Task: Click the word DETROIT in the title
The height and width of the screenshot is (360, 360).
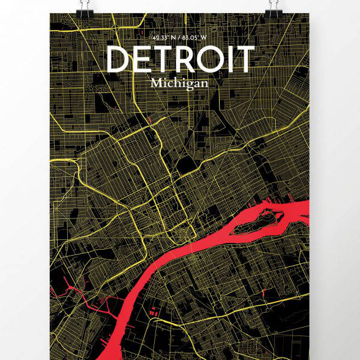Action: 180,59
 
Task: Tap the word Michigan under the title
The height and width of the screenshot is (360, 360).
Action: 180,83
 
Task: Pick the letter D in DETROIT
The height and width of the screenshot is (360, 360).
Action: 118,59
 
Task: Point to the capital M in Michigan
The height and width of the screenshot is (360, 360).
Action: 157,82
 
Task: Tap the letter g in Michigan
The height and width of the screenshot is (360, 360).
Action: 190,84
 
